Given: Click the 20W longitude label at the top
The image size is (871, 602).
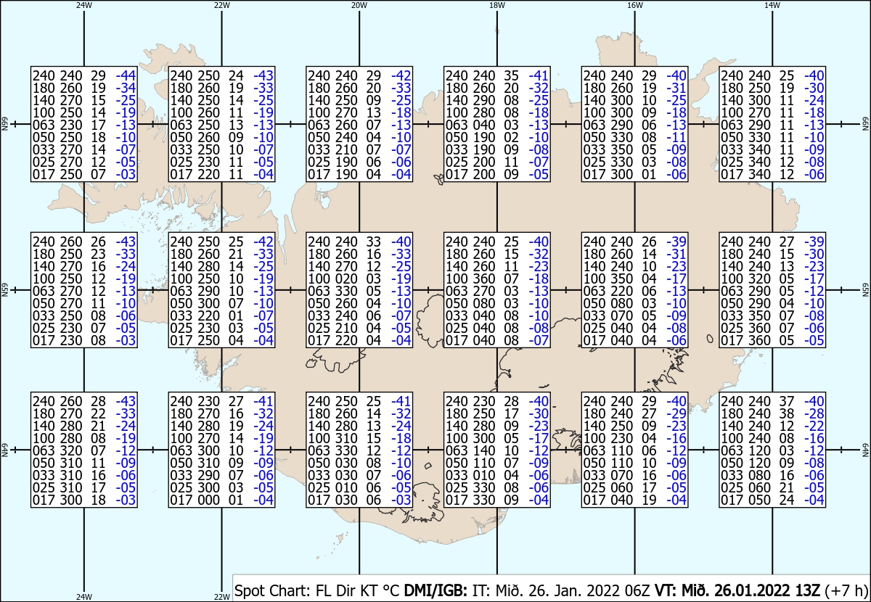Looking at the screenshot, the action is (359, 6).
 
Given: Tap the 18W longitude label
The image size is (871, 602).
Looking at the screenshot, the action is (497, 6).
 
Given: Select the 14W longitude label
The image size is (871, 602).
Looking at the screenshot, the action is (772, 6).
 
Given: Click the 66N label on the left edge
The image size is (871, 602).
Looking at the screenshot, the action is (5, 124).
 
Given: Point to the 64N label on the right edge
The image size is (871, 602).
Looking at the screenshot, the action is (865, 450).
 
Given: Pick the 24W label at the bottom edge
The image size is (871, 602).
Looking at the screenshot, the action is (84, 596).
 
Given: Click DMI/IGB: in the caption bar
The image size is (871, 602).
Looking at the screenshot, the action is (435, 590).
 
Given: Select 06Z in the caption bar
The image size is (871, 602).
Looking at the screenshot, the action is (637, 590).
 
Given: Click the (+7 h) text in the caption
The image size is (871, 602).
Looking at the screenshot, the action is (846, 590).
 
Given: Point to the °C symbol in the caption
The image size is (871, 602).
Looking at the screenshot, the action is (391, 590).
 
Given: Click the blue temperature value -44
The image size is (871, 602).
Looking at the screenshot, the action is (126, 75).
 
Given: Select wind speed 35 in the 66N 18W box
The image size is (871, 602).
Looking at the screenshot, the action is (511, 75).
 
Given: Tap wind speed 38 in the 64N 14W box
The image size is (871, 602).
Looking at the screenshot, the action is (786, 413).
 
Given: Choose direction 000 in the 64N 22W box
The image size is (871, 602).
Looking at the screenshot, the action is (208, 500).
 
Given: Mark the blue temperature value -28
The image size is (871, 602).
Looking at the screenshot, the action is (814, 413).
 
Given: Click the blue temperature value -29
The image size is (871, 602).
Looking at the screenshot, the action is (676, 413).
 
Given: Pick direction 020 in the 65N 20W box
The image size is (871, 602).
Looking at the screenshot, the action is (346, 279).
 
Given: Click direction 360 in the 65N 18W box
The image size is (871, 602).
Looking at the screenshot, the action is (483, 279).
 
